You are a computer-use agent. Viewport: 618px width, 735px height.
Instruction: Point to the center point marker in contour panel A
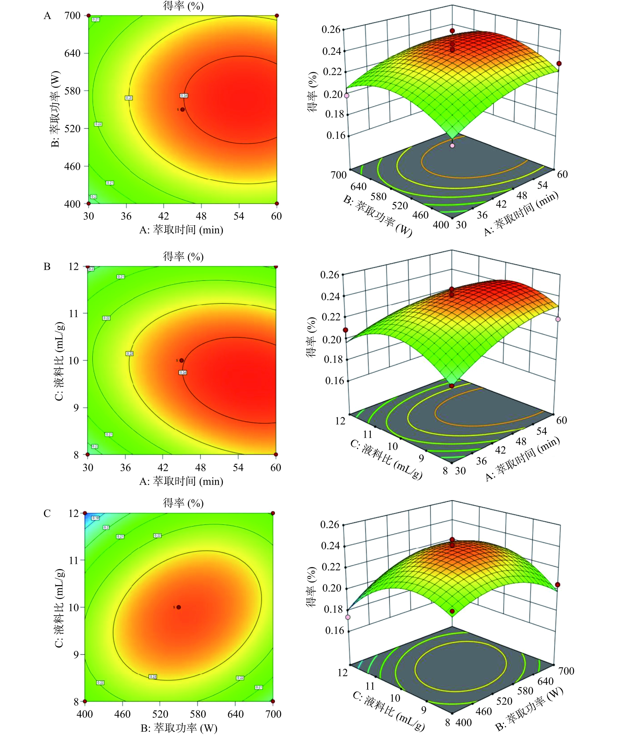[182, 109]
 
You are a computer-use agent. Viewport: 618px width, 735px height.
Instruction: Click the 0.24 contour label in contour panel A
[184, 95]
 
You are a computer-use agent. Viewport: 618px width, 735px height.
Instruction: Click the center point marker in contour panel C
[179, 607]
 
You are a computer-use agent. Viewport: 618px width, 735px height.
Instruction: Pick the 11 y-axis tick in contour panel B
[74, 314]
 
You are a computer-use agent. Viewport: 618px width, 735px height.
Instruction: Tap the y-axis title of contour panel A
[55, 109]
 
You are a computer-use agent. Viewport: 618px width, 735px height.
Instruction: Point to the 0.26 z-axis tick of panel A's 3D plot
[331, 29]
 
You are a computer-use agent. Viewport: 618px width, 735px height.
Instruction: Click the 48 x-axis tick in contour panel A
[201, 216]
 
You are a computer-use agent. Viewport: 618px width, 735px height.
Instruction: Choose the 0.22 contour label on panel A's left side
[98, 124]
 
